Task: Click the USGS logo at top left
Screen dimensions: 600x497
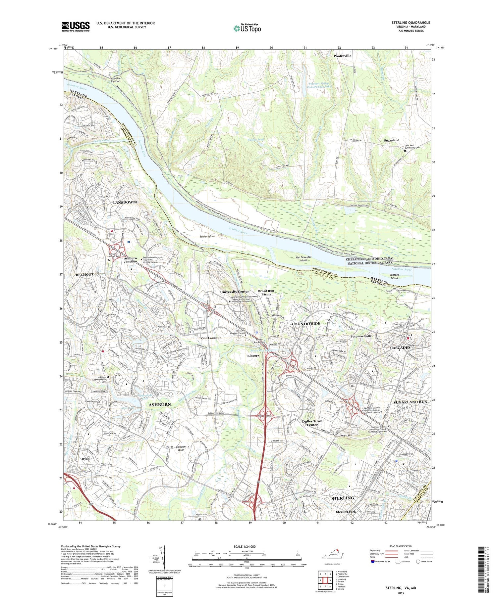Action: (x=76, y=26)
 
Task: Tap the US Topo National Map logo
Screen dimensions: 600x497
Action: (x=247, y=28)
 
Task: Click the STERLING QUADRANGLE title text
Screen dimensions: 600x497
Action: (x=411, y=23)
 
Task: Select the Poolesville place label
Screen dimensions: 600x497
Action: (x=342, y=56)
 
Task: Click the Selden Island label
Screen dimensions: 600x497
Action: (x=207, y=236)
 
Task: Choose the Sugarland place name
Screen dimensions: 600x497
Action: (x=391, y=140)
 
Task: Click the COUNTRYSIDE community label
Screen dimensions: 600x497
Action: (x=306, y=323)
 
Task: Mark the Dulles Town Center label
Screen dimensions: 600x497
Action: (x=312, y=423)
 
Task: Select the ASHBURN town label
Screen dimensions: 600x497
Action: (x=160, y=404)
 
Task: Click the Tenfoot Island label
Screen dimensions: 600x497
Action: (x=394, y=276)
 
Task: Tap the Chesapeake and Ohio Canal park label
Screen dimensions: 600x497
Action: (x=370, y=261)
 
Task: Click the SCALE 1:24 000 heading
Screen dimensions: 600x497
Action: (x=244, y=546)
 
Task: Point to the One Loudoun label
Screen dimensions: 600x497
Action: (x=211, y=338)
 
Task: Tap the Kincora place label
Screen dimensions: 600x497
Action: (x=253, y=355)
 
